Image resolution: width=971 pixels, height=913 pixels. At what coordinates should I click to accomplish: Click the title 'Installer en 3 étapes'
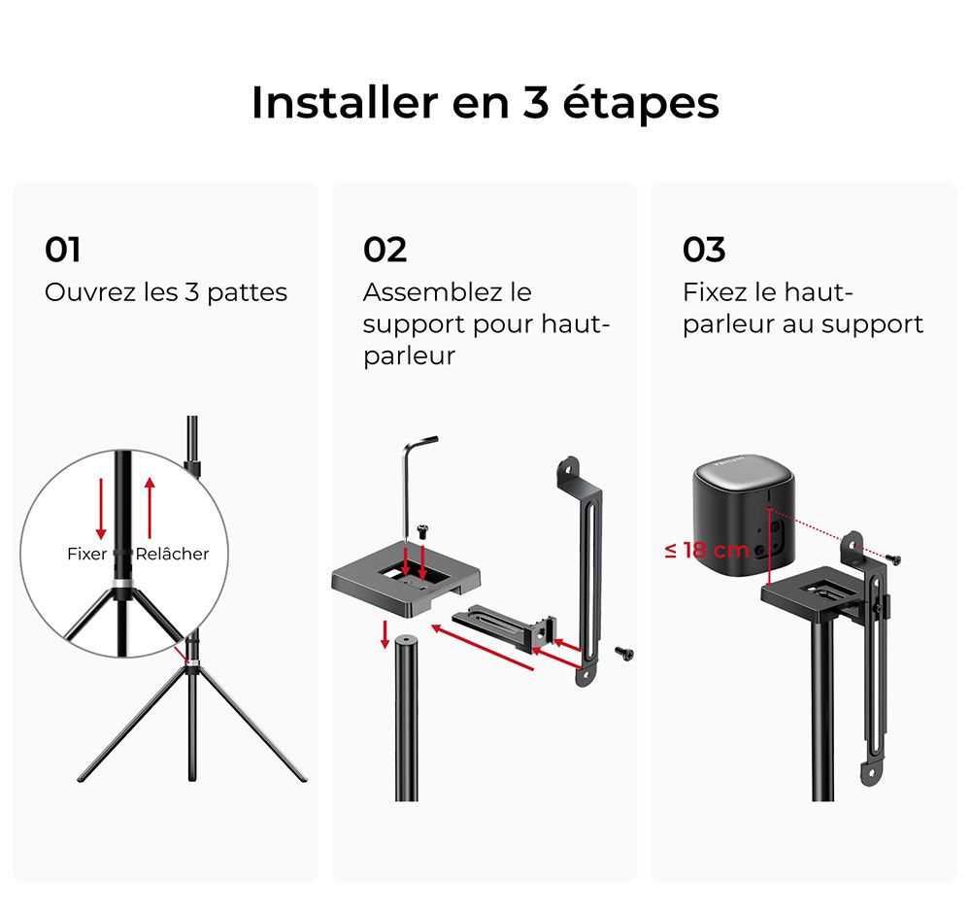tap(485, 103)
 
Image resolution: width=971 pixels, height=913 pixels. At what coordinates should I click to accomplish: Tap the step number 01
tap(63, 250)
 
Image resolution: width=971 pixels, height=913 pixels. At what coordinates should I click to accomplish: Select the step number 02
tap(385, 250)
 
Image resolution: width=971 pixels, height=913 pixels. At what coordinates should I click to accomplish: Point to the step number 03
tap(704, 250)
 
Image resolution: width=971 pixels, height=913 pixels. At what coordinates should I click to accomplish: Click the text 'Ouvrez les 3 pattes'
tap(166, 292)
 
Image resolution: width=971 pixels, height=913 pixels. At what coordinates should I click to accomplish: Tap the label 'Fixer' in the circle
tap(86, 554)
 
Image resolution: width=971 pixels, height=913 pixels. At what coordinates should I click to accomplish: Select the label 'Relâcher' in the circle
tap(173, 554)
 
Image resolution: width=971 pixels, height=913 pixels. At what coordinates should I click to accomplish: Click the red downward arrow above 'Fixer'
tap(100, 507)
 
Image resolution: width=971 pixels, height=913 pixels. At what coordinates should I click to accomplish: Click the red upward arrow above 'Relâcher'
tap(150, 507)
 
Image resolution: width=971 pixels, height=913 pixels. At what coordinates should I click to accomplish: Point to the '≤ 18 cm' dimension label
tap(707, 550)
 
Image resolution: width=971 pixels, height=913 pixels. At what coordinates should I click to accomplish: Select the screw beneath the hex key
tap(422, 529)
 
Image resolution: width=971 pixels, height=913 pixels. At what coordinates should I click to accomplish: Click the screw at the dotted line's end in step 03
tap(892, 559)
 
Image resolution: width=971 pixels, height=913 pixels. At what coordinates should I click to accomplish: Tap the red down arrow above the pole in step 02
tap(385, 633)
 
